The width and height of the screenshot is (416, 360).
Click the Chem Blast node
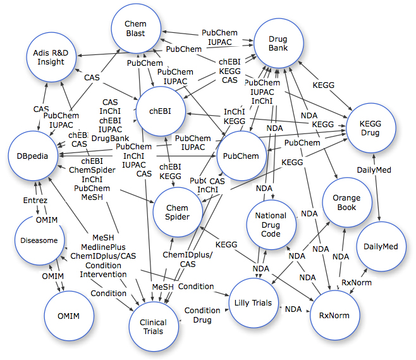135,28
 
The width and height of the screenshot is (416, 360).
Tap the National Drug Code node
271,226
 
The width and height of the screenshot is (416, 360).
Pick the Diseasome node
40,240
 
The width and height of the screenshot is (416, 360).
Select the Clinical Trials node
152,326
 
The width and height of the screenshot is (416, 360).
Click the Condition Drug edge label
202,315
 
